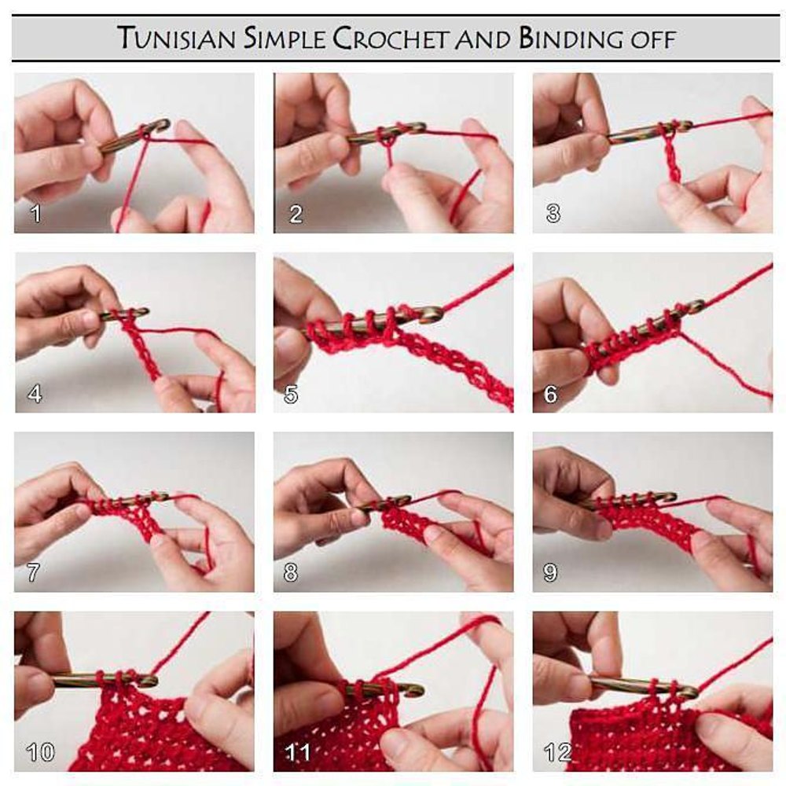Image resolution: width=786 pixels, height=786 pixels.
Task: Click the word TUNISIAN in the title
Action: [x=176, y=39]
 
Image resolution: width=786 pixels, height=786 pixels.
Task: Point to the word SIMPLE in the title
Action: [x=285, y=39]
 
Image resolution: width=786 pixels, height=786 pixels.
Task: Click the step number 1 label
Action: [x=35, y=214]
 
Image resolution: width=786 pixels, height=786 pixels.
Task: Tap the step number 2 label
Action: [x=296, y=214]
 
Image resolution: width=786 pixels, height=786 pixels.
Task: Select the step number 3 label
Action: [x=553, y=214]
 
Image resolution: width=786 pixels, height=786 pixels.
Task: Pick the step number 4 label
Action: [x=35, y=394]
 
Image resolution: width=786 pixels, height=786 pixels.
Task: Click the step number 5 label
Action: [x=292, y=394]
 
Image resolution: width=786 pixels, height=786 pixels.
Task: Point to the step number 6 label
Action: [x=550, y=394]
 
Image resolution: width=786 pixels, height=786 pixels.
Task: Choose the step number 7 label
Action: [x=33, y=572]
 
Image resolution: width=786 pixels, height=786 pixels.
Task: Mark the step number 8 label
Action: [x=291, y=572]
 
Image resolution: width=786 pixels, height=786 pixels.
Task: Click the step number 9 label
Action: [x=550, y=572]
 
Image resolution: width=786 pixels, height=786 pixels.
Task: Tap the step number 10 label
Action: [x=40, y=752]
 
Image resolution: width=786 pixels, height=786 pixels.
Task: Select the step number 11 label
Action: [x=298, y=752]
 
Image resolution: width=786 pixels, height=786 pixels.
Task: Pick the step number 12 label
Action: [x=558, y=752]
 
